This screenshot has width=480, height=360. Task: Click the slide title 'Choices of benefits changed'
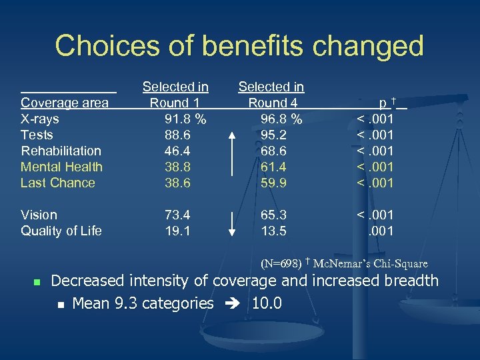239,46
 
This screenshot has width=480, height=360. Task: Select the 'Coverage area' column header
65,103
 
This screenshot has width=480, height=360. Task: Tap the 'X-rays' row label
40,119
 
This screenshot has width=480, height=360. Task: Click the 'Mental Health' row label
61,167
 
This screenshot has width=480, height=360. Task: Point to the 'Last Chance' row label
58,183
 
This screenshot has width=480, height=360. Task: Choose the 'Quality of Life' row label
61,231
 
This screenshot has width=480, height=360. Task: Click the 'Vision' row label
39,215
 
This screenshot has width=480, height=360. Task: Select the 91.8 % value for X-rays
185,119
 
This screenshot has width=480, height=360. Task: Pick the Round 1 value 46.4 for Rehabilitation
177,151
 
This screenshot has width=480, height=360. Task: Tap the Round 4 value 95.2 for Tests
274,135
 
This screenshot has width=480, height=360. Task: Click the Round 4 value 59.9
274,183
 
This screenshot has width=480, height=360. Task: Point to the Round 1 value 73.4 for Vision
177,215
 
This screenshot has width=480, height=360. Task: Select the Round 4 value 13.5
274,231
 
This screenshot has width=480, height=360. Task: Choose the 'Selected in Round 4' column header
271,95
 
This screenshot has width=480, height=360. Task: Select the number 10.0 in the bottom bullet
267,304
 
